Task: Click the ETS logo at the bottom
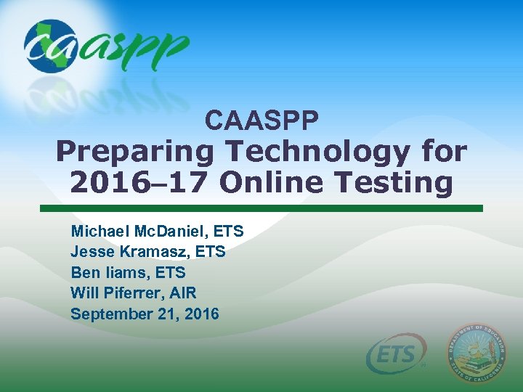point(397,355)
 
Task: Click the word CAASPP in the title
point(261,120)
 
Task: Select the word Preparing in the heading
point(135,152)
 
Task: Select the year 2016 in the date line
point(202,314)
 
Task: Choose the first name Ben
point(82,273)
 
